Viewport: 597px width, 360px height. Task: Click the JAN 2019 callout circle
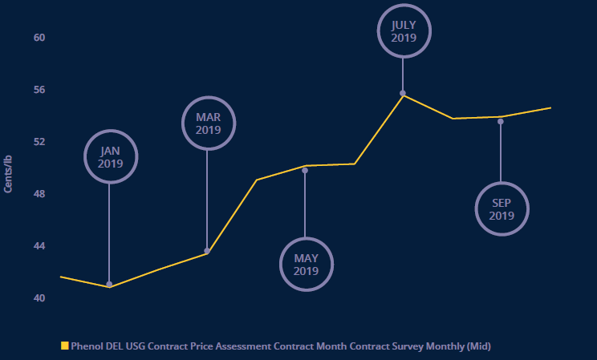coord(111,156)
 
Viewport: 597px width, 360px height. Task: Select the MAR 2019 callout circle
coord(208,123)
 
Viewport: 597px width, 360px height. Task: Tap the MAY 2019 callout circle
coord(306,264)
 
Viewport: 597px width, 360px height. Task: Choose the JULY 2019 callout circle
coord(404,30)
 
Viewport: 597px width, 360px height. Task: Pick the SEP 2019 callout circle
coord(502,209)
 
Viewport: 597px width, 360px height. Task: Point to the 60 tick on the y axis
coord(39,38)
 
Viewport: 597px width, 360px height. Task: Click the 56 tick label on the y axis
coord(39,90)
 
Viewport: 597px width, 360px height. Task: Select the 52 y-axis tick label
coord(39,142)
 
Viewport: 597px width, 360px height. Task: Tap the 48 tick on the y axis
coord(39,194)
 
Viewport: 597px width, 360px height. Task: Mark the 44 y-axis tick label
coord(39,246)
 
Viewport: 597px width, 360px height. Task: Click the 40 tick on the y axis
coord(39,298)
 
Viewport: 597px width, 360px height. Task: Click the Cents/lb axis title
coord(9,168)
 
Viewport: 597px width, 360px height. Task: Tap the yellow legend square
coord(65,346)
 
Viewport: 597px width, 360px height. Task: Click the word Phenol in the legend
coord(87,346)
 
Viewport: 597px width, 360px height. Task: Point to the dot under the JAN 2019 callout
coord(109,284)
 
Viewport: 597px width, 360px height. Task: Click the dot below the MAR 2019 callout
coord(207,251)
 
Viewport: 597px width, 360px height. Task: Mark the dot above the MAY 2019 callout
coord(305,170)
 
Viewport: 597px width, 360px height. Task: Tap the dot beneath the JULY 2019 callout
coord(403,93)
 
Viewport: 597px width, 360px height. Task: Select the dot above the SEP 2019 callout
coord(501,121)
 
